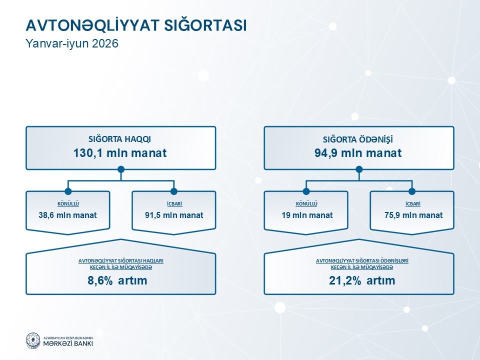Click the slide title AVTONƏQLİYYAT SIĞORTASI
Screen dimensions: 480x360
tap(136, 25)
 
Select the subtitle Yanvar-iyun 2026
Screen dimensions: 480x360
tap(72, 43)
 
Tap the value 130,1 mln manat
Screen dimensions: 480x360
tap(120, 153)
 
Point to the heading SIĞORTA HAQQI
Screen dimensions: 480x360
tap(119, 139)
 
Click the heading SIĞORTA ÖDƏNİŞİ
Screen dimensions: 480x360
tap(358, 139)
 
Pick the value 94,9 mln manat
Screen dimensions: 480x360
tap(358, 153)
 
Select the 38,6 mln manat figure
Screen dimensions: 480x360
tap(67, 215)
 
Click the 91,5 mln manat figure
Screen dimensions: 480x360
tap(174, 215)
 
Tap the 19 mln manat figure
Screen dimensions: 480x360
tap(307, 215)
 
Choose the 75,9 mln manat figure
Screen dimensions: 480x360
tap(413, 215)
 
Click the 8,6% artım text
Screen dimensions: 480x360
tap(117, 280)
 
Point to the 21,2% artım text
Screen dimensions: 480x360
tap(362, 280)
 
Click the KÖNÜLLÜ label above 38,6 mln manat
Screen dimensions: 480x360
tap(68, 204)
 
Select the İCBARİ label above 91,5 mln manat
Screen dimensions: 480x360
tap(174, 204)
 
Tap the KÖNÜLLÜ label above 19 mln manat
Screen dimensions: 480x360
tap(306, 204)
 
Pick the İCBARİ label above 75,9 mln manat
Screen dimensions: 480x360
tap(412, 204)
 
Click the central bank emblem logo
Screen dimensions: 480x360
tap(33, 340)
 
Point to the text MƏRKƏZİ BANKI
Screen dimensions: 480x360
tap(68, 343)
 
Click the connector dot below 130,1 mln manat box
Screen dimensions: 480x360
tap(121, 169)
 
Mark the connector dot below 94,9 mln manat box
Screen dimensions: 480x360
tap(359, 169)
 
